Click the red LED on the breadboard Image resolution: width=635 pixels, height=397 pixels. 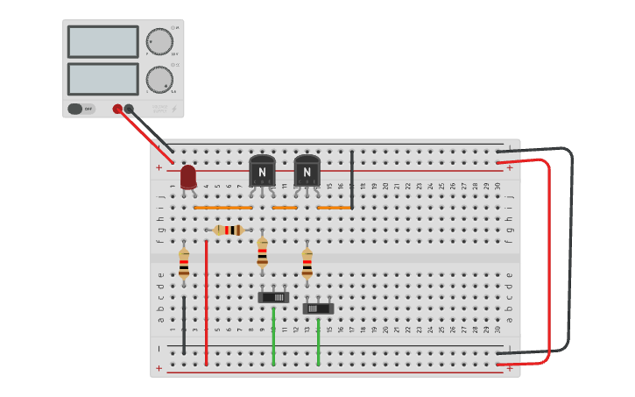187,177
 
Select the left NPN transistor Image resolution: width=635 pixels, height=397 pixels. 262,170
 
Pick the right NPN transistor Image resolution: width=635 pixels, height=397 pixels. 307,170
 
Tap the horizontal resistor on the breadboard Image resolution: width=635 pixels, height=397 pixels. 229,230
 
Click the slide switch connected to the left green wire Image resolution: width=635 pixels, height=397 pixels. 273,297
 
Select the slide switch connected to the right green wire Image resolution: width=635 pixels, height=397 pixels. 318,308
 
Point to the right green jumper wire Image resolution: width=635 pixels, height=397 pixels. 318,342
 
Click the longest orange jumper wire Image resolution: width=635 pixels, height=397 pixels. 222,208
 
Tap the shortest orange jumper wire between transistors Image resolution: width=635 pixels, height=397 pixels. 285,208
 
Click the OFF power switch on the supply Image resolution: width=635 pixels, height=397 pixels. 81,109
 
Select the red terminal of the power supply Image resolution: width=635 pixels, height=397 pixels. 117,109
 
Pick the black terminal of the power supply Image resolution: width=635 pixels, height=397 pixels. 129,109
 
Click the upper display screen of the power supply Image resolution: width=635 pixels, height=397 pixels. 102,41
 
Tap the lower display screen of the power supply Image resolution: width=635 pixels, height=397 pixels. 102,79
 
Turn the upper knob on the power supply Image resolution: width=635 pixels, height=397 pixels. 159,41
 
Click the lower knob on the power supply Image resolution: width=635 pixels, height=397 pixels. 159,79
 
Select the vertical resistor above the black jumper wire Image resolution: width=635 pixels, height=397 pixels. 183,262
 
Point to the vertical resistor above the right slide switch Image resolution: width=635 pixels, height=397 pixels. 307,262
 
